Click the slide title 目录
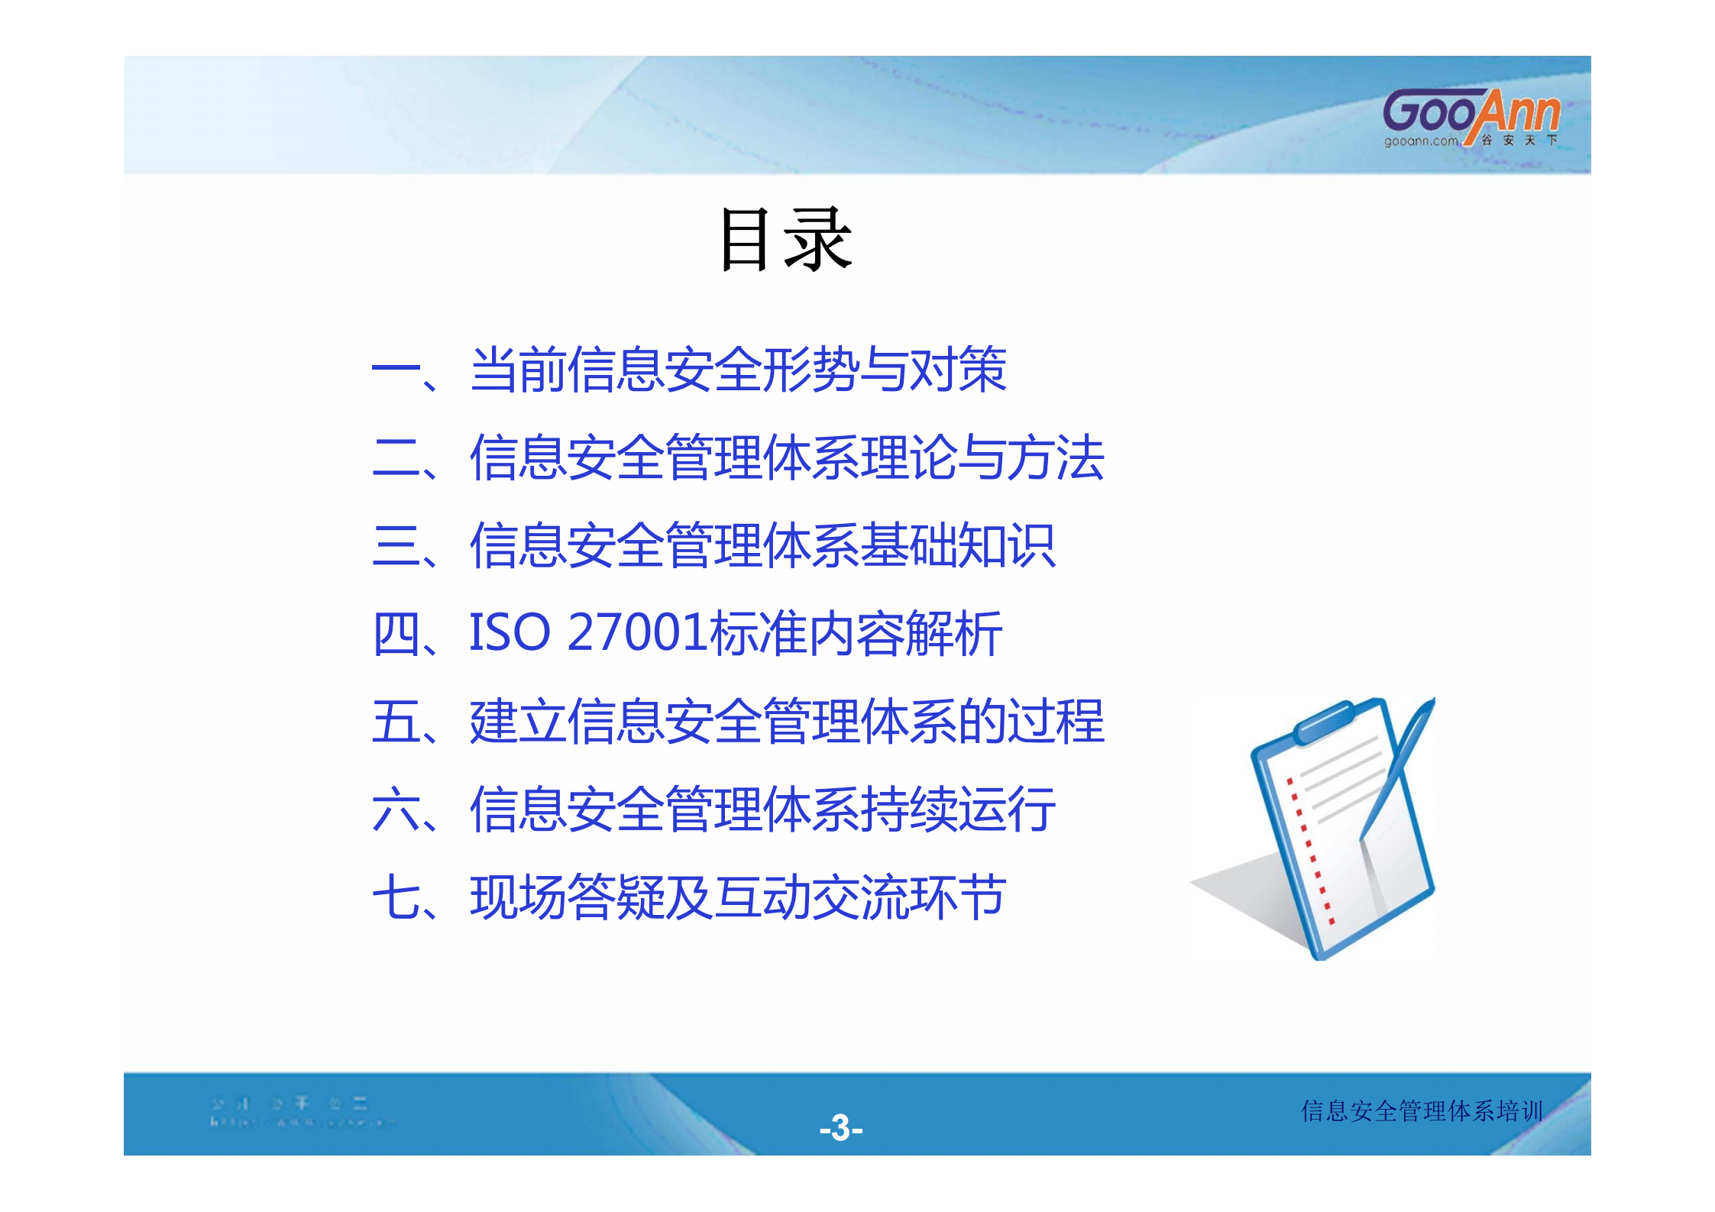[785, 240]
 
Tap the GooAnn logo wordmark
[1471, 113]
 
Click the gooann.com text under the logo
[1420, 141]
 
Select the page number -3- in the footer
[840, 1127]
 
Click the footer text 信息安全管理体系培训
[1422, 1110]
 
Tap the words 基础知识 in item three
[958, 545]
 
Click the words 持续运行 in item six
[958, 810]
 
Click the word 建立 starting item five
[518, 722]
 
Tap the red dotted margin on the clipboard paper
[1309, 848]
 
